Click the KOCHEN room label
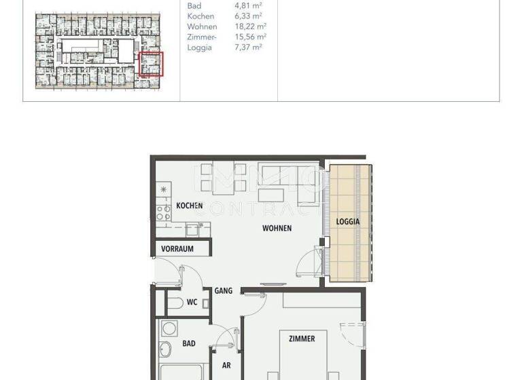tap(189, 206)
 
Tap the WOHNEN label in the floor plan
tap(277, 229)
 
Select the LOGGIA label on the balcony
tap(348, 221)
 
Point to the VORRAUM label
tap(177, 249)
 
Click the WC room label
tap(192, 302)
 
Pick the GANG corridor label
tap(224, 290)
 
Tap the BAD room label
tap(188, 344)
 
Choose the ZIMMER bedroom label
tap(301, 339)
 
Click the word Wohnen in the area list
tap(201, 26)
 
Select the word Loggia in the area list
tap(199, 47)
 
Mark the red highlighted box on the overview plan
tap(151, 64)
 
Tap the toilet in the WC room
tap(173, 303)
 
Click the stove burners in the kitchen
tap(164, 214)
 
